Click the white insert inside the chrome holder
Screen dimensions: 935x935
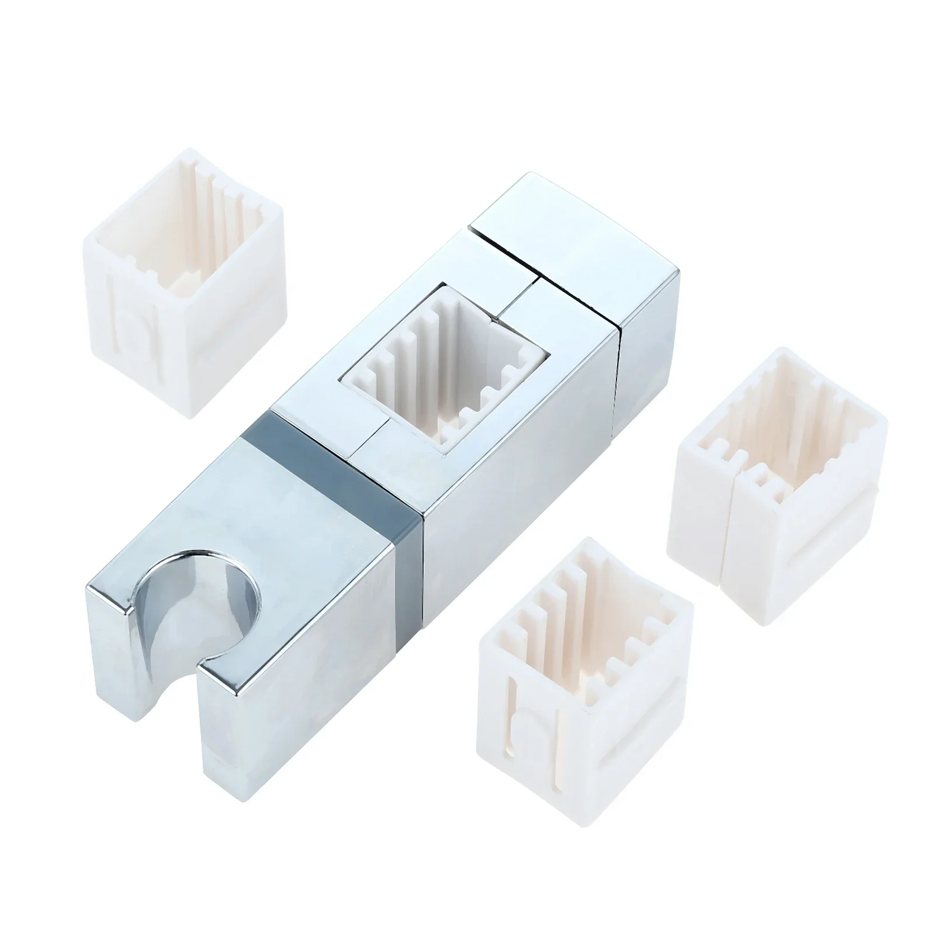tap(444, 374)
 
